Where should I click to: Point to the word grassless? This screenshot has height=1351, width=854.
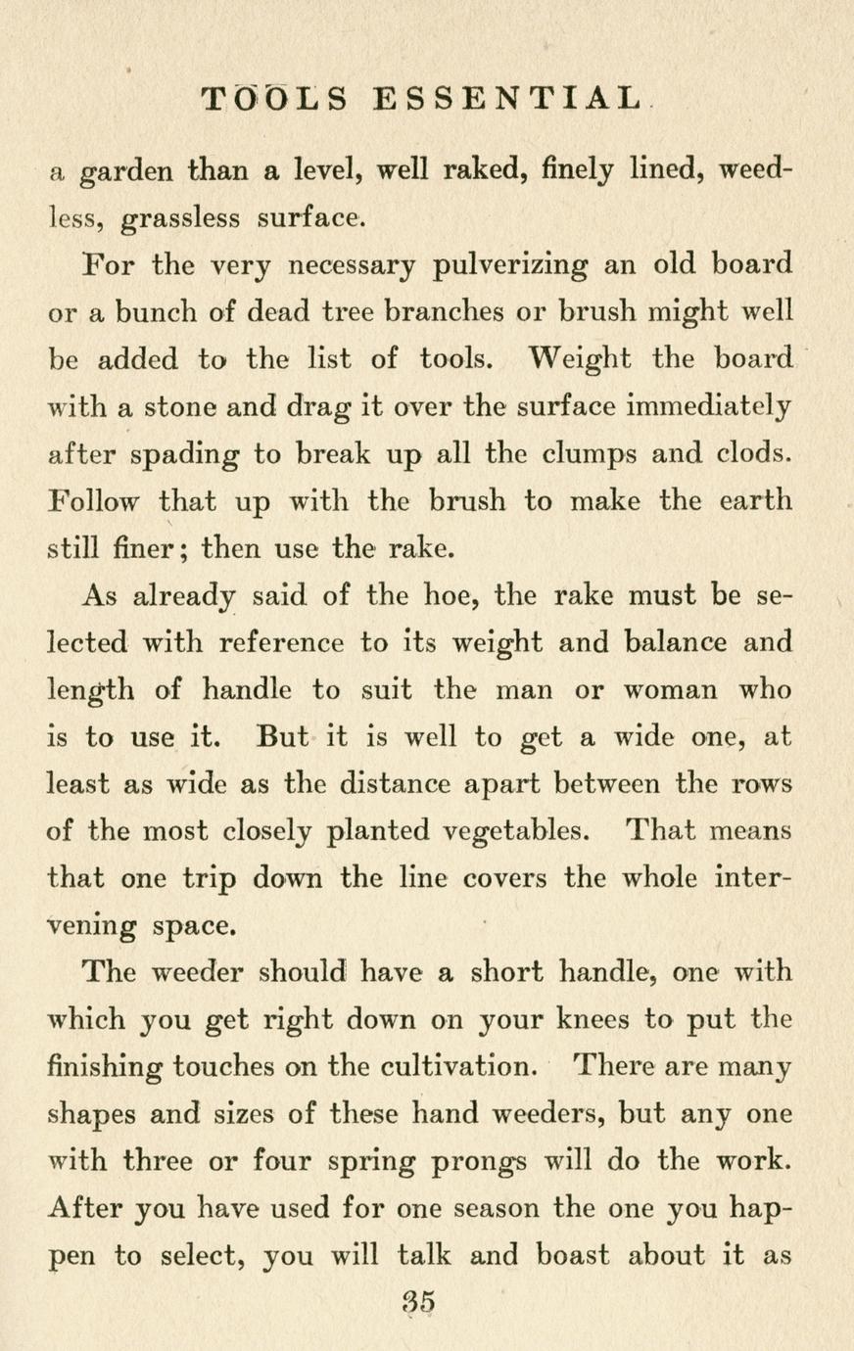point(179,219)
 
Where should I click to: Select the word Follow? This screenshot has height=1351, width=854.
point(94,501)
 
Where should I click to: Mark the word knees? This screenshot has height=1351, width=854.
point(578,1020)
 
